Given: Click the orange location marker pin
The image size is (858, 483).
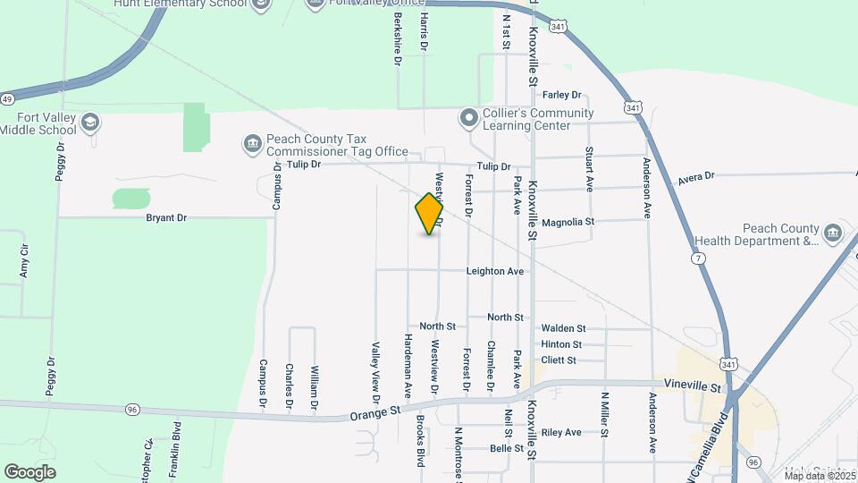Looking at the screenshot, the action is tap(430, 214).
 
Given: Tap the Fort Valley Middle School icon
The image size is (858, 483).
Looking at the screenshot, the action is tap(89, 122).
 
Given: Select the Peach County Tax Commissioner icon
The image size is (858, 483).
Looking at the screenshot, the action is tap(252, 143).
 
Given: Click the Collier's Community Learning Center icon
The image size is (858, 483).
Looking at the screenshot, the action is tap(468, 118).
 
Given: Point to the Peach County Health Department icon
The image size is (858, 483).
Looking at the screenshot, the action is tap(833, 233).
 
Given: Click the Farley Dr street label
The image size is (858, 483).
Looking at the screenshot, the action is tap(562, 95).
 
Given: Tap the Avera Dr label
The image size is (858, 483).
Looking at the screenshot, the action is tap(696, 177).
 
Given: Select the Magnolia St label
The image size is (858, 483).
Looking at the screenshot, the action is tap(568, 222).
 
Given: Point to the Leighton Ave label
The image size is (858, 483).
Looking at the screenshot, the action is tap(494, 271).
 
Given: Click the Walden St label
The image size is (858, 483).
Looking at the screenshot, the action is tap(563, 329).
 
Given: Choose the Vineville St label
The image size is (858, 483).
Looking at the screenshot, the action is tap(692, 386).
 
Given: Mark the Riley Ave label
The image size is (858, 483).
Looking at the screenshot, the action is tap(561, 432).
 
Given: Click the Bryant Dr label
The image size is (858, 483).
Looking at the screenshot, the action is tap(166, 217).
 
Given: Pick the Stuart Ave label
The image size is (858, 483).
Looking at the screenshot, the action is tap(589, 169).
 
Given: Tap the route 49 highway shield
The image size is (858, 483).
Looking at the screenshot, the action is tap(6, 98).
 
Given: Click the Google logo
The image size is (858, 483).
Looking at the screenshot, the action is tap(29, 471).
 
